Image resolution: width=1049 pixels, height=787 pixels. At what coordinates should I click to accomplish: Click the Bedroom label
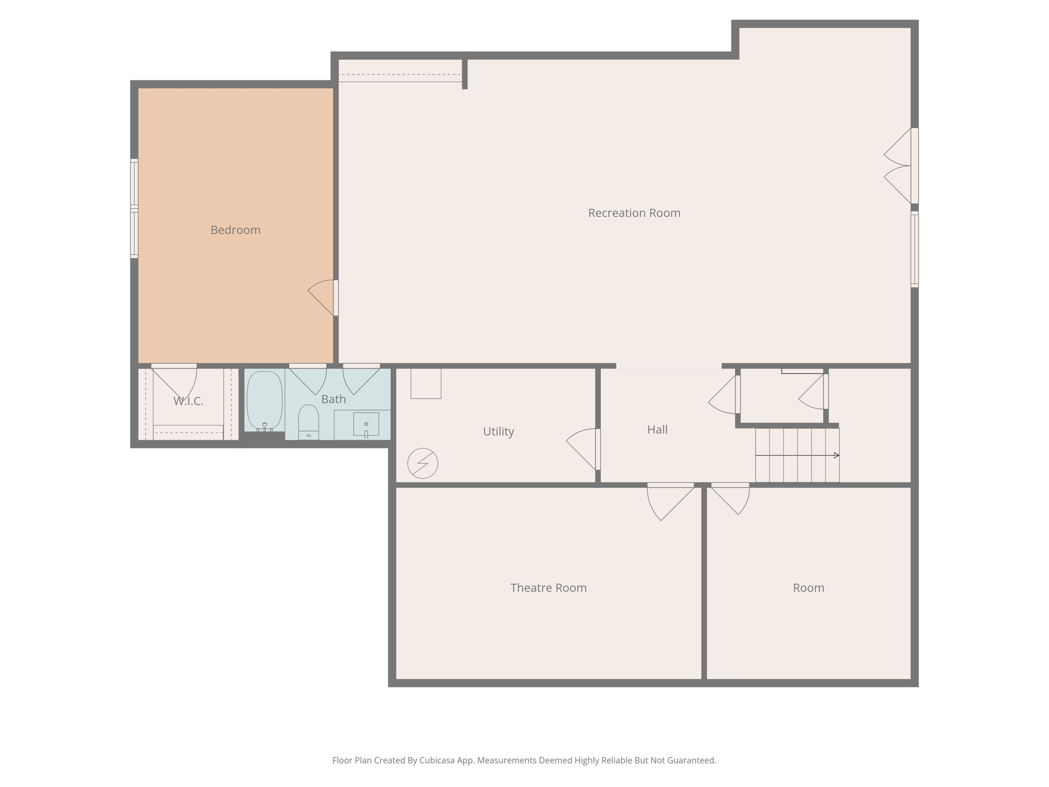[235, 230]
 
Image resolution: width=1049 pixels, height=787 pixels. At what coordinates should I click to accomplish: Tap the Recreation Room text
[634, 213]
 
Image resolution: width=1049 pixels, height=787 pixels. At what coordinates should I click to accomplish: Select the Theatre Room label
[548, 588]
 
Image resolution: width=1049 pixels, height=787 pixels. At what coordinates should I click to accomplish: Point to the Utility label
[498, 431]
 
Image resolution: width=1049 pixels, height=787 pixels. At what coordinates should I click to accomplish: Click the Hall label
[657, 429]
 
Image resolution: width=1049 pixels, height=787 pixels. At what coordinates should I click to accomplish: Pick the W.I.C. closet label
[188, 401]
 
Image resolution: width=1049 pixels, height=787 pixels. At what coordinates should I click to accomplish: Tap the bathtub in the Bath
[264, 401]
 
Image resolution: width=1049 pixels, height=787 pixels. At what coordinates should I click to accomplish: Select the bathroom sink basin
[366, 424]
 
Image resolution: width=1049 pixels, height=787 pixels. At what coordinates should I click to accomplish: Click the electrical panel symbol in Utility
[423, 463]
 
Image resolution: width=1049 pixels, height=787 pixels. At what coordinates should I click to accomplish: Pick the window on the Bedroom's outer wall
[134, 208]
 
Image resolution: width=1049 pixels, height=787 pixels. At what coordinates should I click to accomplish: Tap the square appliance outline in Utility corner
[426, 383]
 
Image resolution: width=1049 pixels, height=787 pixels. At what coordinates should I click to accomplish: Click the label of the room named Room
[808, 588]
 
